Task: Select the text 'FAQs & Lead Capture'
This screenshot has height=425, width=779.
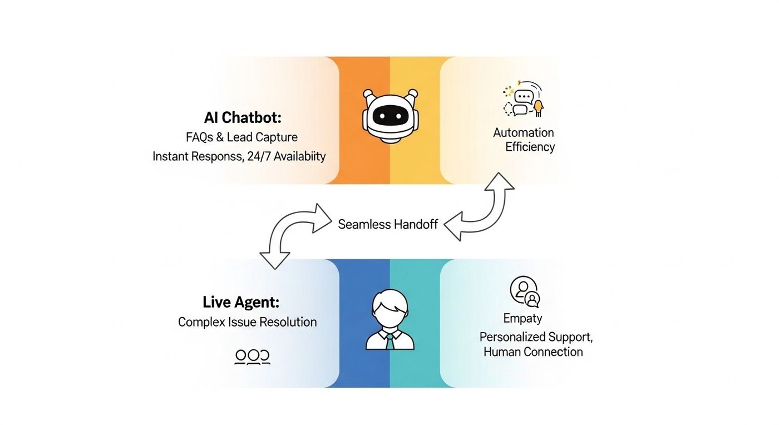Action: [241, 137]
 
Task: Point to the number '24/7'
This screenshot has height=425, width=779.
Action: [259, 156]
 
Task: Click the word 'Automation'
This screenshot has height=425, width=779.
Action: [524, 132]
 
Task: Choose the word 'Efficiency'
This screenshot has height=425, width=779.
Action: [530, 147]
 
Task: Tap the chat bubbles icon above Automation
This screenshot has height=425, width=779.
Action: [524, 101]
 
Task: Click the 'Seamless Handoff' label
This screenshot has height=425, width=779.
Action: [388, 225]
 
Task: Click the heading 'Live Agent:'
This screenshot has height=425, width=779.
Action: [241, 303]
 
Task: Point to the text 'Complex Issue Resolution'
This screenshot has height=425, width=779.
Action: [247, 322]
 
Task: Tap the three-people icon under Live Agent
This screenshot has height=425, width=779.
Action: [252, 357]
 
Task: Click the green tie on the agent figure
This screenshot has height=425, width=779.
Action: [389, 340]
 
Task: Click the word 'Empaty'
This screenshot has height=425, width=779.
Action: [522, 318]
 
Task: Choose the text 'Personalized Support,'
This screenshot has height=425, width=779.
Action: [536, 337]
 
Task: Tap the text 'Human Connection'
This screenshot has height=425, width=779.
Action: [533, 352]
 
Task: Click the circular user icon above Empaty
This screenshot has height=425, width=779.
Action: [525, 291]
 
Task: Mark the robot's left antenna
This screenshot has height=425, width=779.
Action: [367, 94]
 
